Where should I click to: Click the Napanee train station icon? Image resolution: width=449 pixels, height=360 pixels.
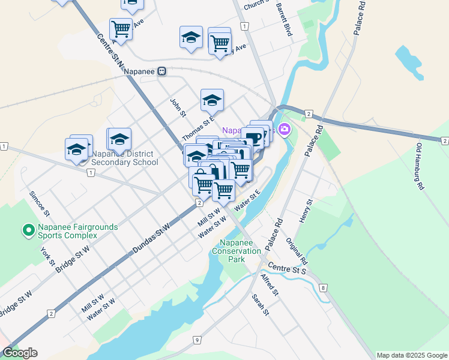click(x=161, y=71)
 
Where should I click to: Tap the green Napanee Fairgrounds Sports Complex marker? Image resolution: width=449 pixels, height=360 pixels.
click(x=27, y=230)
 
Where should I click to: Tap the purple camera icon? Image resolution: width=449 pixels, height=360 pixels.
click(x=284, y=129)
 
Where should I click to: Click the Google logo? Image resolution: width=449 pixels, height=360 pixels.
click(x=20, y=353)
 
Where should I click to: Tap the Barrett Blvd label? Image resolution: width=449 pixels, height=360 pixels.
click(x=284, y=19)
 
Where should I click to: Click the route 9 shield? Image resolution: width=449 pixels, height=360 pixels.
click(x=197, y=341)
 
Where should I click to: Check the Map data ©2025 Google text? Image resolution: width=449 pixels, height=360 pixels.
click(x=412, y=355)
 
